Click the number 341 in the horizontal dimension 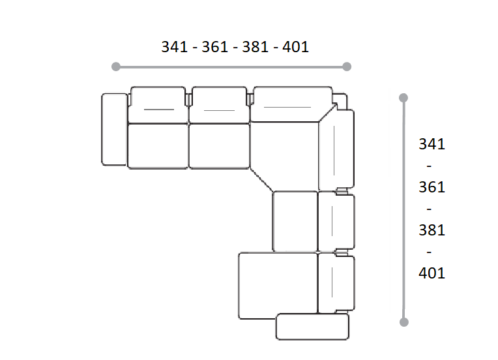tap(174, 47)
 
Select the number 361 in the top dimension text tap(214, 47)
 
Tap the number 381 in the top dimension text tap(255, 47)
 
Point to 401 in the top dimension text tap(295, 47)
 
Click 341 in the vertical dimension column tap(432, 144)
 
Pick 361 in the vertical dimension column tap(432, 187)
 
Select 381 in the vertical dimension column tap(432, 230)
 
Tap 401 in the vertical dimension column tap(432, 273)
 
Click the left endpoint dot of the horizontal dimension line tap(116, 67)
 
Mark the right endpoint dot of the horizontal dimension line tap(347, 67)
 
